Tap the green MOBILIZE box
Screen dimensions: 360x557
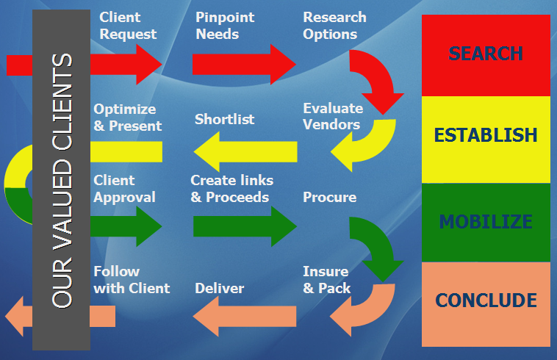click(486, 222)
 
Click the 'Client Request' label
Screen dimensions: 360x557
click(128, 25)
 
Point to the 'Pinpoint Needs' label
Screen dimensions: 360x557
click(223, 25)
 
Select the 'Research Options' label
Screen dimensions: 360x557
click(334, 25)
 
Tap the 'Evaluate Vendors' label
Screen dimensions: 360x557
click(331, 116)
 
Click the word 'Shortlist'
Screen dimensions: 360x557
click(224, 119)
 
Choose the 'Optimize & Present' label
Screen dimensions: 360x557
click(128, 117)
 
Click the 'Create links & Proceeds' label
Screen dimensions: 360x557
click(231, 188)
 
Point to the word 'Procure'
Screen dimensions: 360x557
click(329, 197)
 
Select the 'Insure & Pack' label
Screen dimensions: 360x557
click(326, 280)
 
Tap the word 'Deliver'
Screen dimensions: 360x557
click(219, 288)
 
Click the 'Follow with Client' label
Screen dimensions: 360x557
click(132, 280)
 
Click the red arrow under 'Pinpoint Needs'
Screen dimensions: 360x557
click(243, 64)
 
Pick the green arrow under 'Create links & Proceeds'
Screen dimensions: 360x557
click(243, 226)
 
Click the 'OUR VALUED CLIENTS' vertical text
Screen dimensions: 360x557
click(62, 180)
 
